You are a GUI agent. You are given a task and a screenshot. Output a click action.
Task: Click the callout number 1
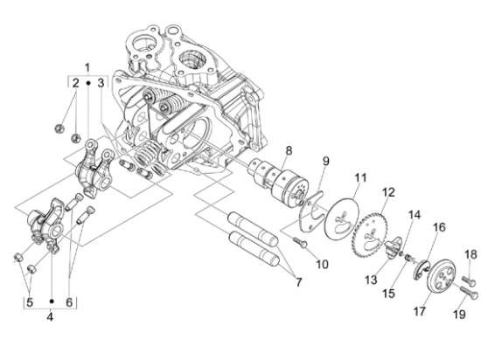point(87,67)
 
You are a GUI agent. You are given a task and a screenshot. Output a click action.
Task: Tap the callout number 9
point(325,161)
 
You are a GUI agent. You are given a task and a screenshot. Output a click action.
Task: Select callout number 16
point(439,226)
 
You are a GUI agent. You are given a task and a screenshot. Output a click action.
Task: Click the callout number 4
point(51,317)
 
